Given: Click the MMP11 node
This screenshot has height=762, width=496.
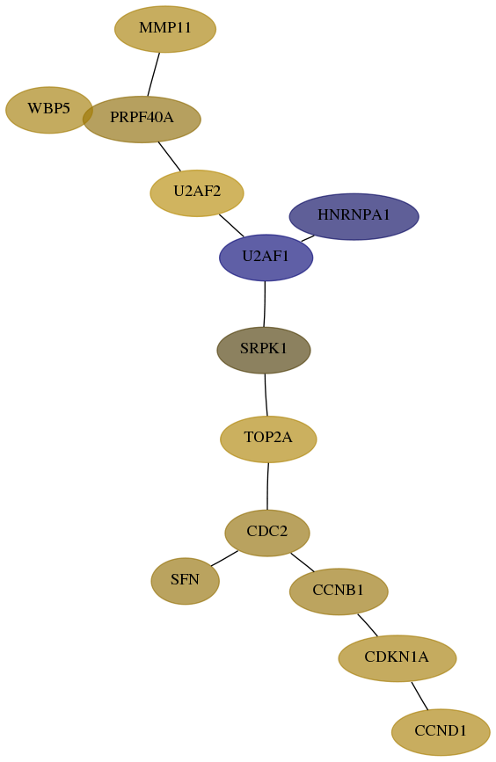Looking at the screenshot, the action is [165, 29].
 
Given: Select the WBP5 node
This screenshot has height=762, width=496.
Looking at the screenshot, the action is [49, 110].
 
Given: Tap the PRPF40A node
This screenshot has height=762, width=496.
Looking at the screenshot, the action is [142, 119].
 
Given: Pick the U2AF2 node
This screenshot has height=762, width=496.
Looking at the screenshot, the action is [197, 193].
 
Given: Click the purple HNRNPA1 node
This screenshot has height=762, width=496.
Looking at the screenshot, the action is [354, 216].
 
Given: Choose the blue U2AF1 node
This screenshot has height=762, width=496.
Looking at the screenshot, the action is [266, 258].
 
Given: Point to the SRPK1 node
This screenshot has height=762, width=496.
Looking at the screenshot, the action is [264, 350].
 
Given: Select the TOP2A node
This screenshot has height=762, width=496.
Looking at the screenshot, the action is [268, 439].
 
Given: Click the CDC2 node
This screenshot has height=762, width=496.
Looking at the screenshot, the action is [267, 533].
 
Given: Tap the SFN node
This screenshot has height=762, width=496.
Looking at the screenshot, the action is [186, 581].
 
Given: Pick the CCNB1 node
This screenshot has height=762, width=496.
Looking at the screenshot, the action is [339, 591].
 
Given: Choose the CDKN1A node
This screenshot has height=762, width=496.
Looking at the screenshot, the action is [398, 658].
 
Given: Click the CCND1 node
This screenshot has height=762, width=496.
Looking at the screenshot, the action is [441, 732].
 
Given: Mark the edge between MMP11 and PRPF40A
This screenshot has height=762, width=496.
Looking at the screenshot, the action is [154, 75].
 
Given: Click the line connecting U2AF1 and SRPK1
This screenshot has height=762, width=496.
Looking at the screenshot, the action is [265, 304].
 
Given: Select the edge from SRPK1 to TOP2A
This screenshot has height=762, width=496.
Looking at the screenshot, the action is [266, 395].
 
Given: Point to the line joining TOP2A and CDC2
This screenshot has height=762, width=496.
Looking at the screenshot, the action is [267, 486].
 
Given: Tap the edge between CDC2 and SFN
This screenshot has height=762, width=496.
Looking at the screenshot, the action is [224, 558].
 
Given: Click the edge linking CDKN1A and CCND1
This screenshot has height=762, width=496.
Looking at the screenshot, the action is [419, 696].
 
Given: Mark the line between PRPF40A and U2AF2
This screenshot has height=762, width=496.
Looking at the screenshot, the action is [169, 156].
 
